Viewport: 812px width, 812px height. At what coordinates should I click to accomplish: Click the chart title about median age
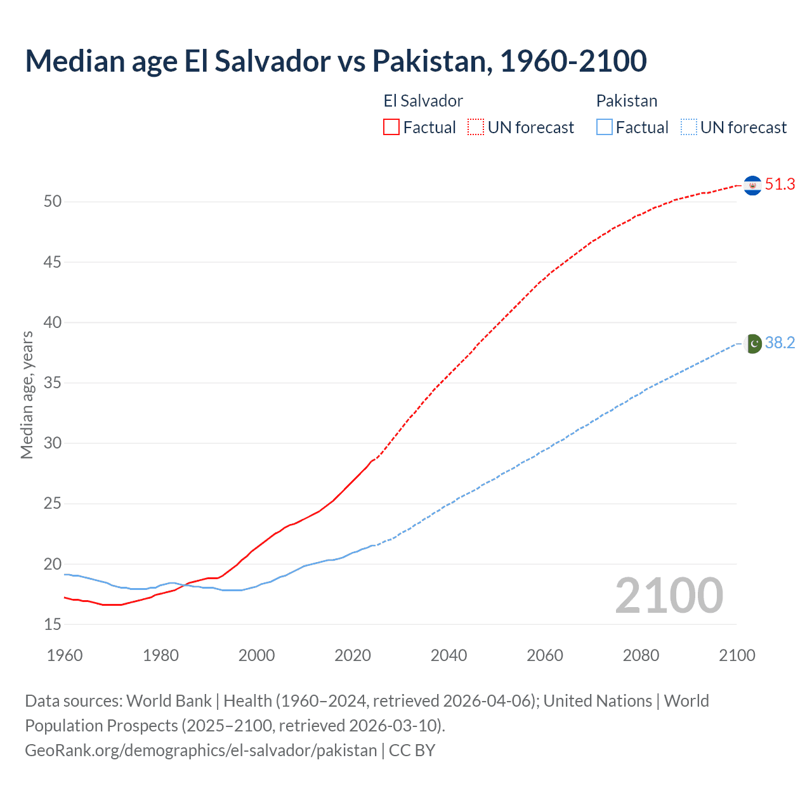coord(336,61)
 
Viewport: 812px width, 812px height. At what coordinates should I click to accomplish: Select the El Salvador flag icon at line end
coord(752,185)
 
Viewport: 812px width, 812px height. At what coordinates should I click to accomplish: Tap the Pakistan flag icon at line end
coord(752,343)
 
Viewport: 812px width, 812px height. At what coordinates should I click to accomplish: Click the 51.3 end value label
coord(780,185)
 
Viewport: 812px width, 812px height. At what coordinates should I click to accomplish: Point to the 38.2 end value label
coord(780,343)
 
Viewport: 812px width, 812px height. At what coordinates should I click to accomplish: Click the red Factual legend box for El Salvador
coord(391,128)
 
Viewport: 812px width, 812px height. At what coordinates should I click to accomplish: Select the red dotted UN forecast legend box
coord(476,128)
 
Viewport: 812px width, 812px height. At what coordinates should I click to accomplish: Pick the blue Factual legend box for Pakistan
coord(605,128)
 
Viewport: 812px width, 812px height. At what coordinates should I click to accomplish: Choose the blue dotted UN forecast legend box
coord(688,128)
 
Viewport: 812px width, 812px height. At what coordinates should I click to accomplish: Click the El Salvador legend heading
coord(423,101)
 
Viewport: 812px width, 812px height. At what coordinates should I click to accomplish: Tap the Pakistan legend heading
coord(627,101)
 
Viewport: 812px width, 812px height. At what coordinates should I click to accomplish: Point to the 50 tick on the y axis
coord(53,202)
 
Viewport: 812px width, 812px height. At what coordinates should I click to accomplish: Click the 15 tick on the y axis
coord(53,625)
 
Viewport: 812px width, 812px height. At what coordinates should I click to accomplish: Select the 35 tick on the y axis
coord(53,383)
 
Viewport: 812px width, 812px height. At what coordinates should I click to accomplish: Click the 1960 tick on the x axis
coord(65,655)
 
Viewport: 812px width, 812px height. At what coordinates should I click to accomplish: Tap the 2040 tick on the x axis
coord(449,655)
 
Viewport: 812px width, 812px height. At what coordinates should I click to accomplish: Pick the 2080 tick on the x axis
coord(641,655)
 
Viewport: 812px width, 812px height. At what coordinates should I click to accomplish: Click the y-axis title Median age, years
coord(27,395)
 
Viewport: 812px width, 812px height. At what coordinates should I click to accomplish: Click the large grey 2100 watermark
coord(669,596)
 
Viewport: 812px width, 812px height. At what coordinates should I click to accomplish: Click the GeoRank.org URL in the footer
coord(201,750)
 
